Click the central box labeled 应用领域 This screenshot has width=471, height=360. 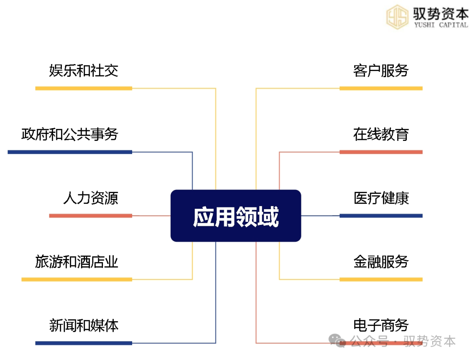click(x=236, y=216)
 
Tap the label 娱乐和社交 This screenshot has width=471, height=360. click(x=84, y=71)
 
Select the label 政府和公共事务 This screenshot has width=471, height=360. click(x=70, y=134)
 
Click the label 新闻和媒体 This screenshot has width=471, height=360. click(x=84, y=326)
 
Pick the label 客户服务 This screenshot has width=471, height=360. click(x=381, y=71)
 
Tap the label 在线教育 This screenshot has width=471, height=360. click(x=381, y=134)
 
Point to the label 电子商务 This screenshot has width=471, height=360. click(x=381, y=326)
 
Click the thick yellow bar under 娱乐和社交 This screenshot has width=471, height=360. click(x=84, y=88)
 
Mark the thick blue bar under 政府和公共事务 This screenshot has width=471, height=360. click(x=70, y=152)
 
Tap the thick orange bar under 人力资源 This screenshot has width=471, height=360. click(x=91, y=216)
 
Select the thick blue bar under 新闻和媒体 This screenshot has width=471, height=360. click(x=84, y=343)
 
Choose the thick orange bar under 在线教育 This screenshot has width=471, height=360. click(x=381, y=152)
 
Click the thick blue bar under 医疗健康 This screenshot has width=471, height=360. click(x=381, y=216)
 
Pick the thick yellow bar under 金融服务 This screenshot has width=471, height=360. click(x=381, y=279)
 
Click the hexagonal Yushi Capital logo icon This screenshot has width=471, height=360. click(x=397, y=17)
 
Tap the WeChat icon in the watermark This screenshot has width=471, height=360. click(x=337, y=341)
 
